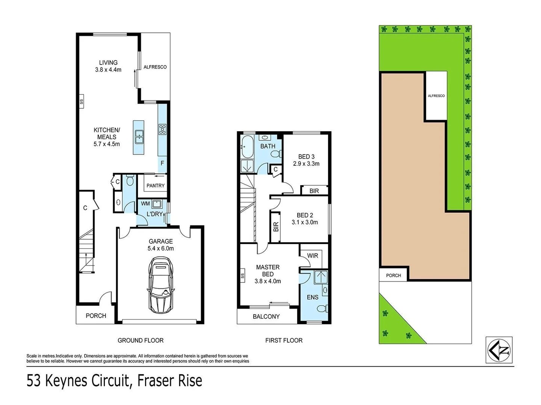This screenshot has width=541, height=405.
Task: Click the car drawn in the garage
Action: click(x=161, y=284)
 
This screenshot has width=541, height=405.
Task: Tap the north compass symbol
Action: click(x=499, y=350)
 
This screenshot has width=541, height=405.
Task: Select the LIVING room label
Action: click(x=108, y=63)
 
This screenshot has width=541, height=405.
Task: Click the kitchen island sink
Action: click(x=139, y=137)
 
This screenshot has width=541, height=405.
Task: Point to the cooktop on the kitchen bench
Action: click(x=162, y=129)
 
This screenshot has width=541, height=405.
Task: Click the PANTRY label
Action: click(x=156, y=186)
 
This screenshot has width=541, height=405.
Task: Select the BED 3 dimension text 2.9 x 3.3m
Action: click(x=306, y=164)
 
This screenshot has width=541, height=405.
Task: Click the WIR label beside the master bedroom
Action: click(x=313, y=256)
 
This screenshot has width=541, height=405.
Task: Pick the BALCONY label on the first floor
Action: click(x=266, y=316)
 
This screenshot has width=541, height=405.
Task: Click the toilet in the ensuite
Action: click(x=322, y=309)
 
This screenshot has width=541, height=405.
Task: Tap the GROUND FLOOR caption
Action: click(x=141, y=340)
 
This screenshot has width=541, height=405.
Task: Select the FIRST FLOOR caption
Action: click(x=284, y=340)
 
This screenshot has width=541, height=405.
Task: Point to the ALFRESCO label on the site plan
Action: click(x=436, y=96)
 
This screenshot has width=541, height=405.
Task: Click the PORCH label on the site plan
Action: click(x=393, y=276)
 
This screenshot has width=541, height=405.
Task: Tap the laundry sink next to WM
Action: click(x=157, y=204)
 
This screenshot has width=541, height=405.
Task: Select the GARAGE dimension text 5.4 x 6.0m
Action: click(x=161, y=249)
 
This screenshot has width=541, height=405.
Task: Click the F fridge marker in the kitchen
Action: click(x=162, y=163)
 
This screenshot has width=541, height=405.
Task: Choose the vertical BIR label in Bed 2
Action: click(x=276, y=227)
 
